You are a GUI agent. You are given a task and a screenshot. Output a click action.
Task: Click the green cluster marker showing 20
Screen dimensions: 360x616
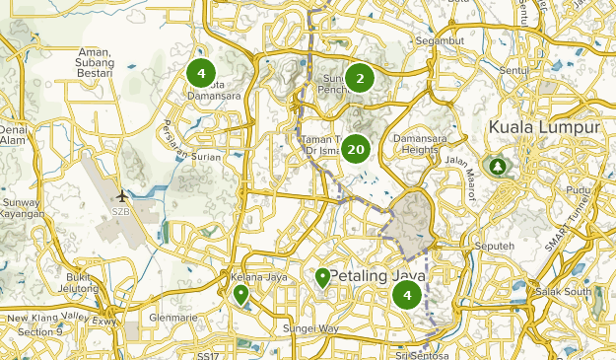[357, 150]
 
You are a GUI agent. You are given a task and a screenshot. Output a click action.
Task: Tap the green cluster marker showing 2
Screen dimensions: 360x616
[360, 79]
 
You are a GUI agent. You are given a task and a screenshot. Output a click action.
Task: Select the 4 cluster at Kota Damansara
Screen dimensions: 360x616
[201, 73]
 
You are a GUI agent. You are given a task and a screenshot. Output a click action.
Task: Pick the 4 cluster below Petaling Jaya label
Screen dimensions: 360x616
[406, 294]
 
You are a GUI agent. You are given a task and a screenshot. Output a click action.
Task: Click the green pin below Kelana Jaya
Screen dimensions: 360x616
[240, 295]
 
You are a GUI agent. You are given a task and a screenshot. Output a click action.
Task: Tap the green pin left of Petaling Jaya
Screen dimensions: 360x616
[322, 277]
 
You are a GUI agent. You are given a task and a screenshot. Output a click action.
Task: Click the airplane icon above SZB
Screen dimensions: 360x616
[122, 195]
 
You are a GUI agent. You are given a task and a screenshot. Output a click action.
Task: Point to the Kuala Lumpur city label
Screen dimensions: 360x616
[544, 128]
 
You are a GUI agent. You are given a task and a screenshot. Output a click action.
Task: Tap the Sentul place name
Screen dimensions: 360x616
[513, 73]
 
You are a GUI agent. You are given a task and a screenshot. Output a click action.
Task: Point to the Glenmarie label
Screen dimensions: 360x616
[165, 318]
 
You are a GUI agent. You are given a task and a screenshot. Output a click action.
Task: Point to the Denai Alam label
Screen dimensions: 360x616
[12, 134]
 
